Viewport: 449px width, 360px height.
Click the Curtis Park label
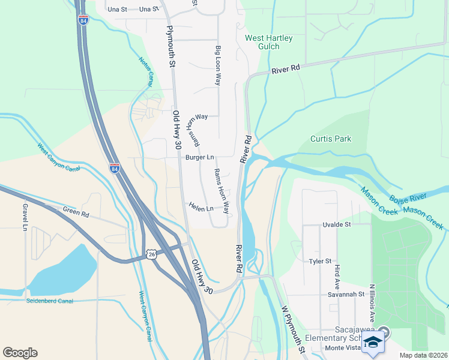tap(331, 139)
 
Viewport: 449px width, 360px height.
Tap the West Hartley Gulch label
tap(269, 42)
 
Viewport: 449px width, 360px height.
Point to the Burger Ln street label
tap(199, 157)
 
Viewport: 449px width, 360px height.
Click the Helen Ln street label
tap(201, 209)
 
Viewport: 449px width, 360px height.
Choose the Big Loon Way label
tap(218, 64)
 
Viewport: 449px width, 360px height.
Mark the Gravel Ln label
tap(25, 217)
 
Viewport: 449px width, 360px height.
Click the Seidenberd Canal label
tap(49, 301)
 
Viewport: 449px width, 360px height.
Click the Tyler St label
tap(320, 262)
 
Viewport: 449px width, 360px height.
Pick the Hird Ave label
tap(338, 275)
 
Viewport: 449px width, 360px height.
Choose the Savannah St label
tap(346, 295)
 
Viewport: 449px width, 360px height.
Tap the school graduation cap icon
tap(373, 343)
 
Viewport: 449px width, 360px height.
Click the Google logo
tap(20, 353)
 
